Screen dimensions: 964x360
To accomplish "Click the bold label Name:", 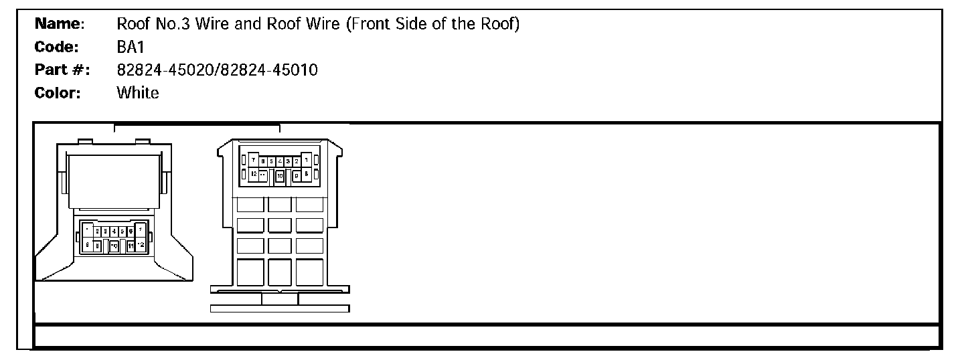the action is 59,25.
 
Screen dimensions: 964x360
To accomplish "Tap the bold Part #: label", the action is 62,70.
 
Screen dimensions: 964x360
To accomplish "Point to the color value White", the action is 138,92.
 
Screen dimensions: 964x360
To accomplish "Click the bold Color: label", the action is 58,92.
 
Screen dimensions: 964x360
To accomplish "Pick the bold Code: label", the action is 57,48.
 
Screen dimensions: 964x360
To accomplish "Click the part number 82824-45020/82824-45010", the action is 217,70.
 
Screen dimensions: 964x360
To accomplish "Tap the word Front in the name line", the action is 369,25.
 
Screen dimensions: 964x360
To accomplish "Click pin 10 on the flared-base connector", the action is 114,246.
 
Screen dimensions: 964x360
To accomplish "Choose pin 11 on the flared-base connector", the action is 131,246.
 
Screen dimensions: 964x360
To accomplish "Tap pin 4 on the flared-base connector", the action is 114,231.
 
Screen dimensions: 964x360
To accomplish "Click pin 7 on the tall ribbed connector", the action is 254,161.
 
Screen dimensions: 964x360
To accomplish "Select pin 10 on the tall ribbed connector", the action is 280,175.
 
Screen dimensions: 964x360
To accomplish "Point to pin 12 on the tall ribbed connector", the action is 254,174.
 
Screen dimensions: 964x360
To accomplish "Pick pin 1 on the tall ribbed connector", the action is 306,161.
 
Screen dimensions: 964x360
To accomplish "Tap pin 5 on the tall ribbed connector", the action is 271,161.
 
